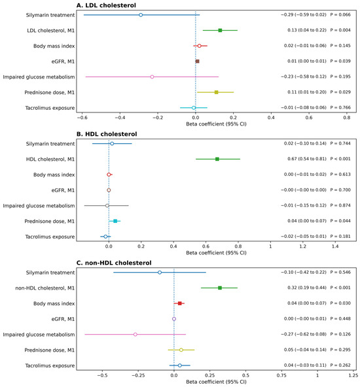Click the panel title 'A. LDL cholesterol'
pyautogui.click(x=106, y=5)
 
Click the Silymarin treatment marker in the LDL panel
pyautogui.click(x=141, y=15)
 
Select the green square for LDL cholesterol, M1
pyautogui.click(x=220, y=30)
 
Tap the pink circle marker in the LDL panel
pyautogui.click(x=152, y=76)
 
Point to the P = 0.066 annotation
pyautogui.click(x=340, y=15)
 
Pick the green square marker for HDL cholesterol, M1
pyautogui.click(x=217, y=160)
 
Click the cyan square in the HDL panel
pyautogui.click(x=115, y=221)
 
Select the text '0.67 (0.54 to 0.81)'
pyautogui.click(x=306, y=159)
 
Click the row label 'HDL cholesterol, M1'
pyautogui.click(x=50, y=160)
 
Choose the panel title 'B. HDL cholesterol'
pyautogui.click(x=107, y=134)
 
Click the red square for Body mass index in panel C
pyautogui.click(x=179, y=303)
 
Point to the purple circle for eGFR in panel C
pyautogui.click(x=174, y=319)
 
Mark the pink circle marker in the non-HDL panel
pyautogui.click(x=135, y=335)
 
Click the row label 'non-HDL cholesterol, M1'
pyautogui.click(x=45, y=288)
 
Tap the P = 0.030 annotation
pyautogui.click(x=340, y=303)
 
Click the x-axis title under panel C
pyautogui.click(x=216, y=382)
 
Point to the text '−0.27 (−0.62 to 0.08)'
pyautogui.click(x=304, y=334)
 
